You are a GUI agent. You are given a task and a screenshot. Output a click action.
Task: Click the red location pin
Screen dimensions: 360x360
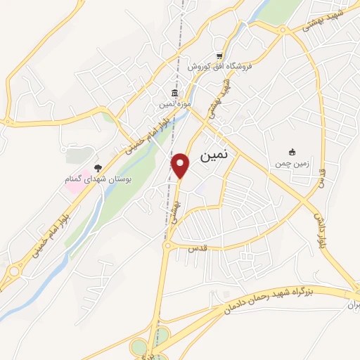pyautogui.click(x=181, y=165)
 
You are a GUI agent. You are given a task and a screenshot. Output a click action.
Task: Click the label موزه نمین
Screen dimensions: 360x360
pyautogui.click(x=174, y=104)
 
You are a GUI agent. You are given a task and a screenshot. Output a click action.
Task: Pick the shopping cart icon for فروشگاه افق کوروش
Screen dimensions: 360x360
pyautogui.click(x=219, y=56)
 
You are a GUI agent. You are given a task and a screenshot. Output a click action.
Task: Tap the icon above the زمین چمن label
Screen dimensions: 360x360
pyautogui.click(x=292, y=152)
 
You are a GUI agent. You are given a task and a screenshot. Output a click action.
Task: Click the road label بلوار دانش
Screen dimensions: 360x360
pyautogui.click(x=318, y=226)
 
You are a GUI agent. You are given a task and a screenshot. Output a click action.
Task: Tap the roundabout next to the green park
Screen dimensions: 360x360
pyautogui.click(x=283, y=30)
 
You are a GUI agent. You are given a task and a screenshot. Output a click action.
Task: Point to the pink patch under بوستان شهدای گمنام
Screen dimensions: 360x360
pyautogui.click(x=76, y=190)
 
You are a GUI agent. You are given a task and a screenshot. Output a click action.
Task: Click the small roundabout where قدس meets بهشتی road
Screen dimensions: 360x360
pyautogui.click(x=169, y=246)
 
